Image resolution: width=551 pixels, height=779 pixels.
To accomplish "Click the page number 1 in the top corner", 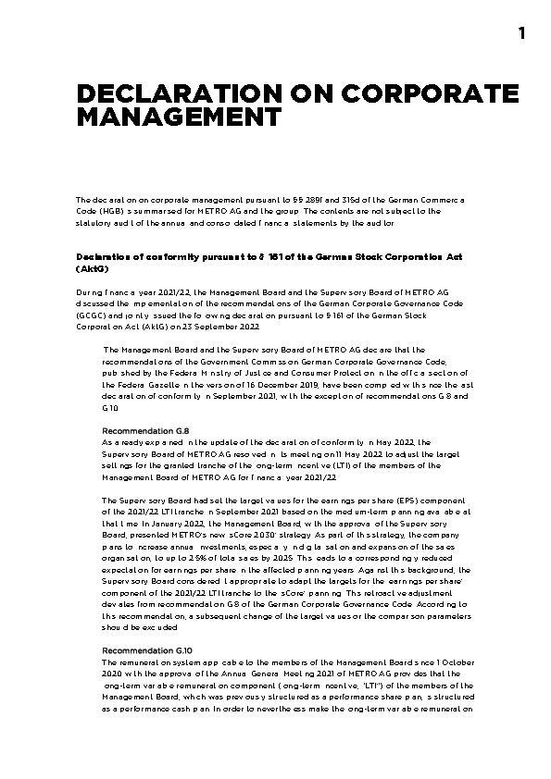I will [521, 34].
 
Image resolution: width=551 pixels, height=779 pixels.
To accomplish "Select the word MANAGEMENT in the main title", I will [178, 117].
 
